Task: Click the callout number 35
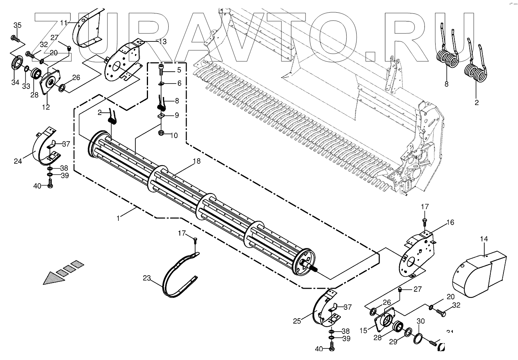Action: [18, 25]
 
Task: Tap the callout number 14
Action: [484, 239]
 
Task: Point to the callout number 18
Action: [196, 161]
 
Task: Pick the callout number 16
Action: [450, 222]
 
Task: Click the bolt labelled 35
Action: [15, 38]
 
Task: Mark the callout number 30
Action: [421, 321]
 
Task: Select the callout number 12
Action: [46, 107]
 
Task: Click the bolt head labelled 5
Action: [161, 69]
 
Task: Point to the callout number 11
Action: [64, 23]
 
